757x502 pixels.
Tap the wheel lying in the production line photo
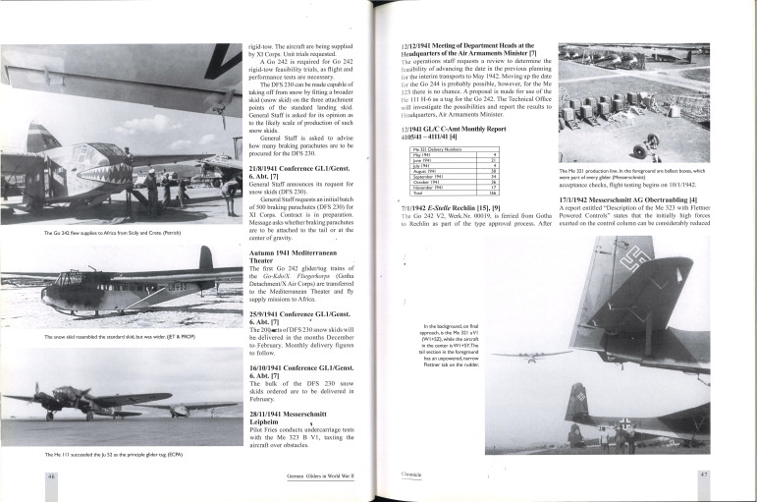coord(641,150)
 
